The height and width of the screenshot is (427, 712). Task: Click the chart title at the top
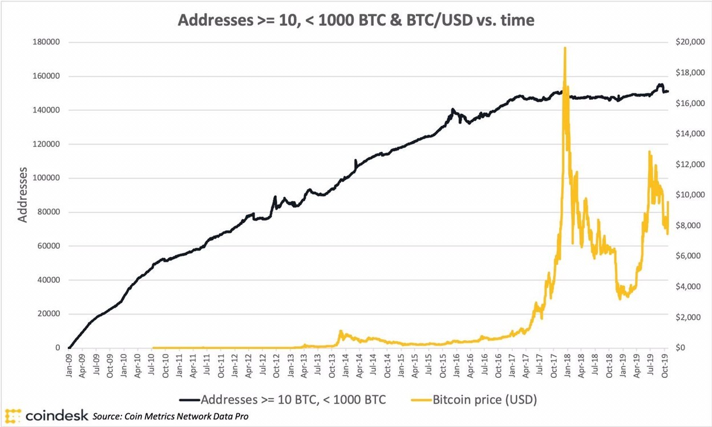[355, 20]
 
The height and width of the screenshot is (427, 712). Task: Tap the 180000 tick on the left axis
[48, 42]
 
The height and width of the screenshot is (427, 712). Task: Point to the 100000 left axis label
[48, 178]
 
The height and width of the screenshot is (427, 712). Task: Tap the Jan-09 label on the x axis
[68, 367]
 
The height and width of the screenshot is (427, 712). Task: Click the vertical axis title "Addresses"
[22, 195]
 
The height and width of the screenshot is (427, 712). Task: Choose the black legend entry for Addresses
[283, 400]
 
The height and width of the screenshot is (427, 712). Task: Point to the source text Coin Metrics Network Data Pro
[171, 417]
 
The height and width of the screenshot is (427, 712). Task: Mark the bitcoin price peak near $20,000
[565, 48]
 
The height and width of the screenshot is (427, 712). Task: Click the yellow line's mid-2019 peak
[649, 152]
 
